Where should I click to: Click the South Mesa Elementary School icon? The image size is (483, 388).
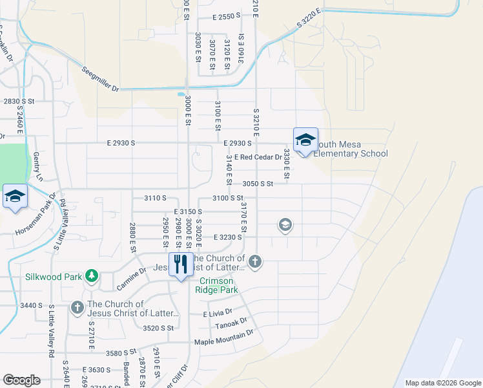coord(305,140)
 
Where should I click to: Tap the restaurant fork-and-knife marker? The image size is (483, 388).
coord(180,264)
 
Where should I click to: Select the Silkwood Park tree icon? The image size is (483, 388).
coord(92,276)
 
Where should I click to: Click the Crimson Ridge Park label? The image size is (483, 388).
coord(219,285)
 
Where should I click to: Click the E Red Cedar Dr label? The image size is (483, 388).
coord(258,157)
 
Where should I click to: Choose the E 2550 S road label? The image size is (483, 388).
coord(220,16)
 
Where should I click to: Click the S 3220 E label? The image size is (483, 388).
coord(309,17)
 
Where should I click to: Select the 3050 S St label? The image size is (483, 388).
coord(258,184)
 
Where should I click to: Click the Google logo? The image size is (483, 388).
coord(21,380)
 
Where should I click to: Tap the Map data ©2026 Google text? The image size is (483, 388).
coord(442,383)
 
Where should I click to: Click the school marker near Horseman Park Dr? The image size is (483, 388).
coord(14,197)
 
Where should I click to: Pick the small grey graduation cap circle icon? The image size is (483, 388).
coord(284,225)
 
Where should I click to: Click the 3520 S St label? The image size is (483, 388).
coord(159,329)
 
